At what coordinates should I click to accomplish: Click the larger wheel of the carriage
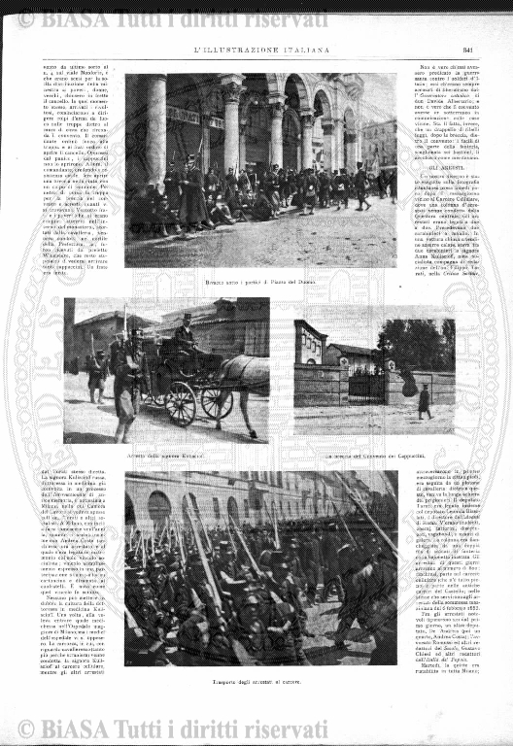click(181, 402)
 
